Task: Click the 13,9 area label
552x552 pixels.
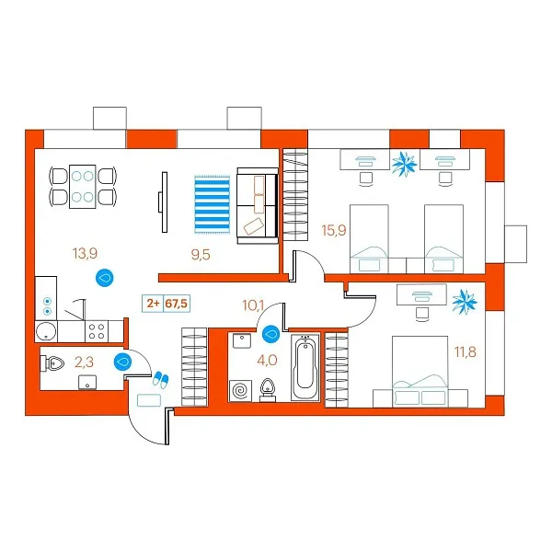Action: [x=85, y=253]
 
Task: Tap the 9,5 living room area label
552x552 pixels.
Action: [x=201, y=254]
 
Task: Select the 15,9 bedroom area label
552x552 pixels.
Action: [x=334, y=230]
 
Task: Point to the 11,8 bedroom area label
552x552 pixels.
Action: [x=466, y=351]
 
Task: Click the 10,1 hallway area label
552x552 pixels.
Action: [x=253, y=305]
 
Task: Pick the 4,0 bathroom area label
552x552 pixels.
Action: [x=267, y=360]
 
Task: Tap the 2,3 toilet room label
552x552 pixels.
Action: [x=84, y=362]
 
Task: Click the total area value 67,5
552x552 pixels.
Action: [x=177, y=303]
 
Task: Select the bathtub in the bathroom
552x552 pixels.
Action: [x=305, y=367]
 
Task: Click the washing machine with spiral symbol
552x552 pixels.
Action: [x=240, y=390]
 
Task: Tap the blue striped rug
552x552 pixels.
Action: [x=213, y=204]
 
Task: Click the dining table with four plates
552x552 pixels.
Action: [x=83, y=187]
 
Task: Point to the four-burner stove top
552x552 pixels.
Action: [x=97, y=331]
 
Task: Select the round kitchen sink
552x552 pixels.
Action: [x=46, y=331]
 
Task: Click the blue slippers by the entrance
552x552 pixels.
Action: [x=160, y=380]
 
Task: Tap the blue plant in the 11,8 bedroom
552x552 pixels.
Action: [x=465, y=302]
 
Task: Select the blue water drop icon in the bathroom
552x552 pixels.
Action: [x=270, y=334]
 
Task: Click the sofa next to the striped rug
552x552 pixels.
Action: [x=258, y=205]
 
